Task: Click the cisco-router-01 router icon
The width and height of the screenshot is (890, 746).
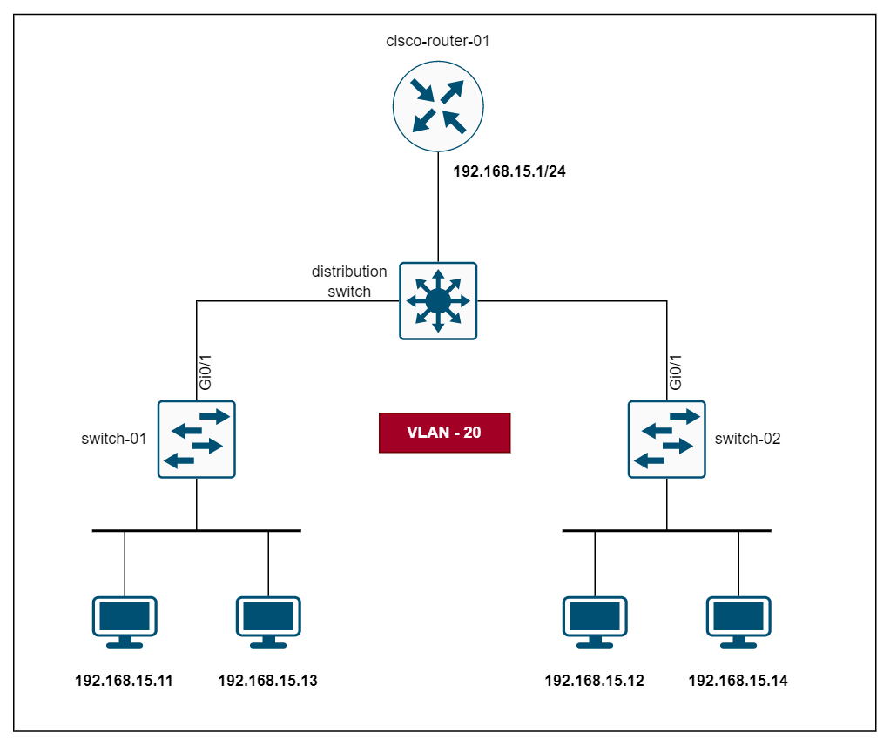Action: [x=437, y=104]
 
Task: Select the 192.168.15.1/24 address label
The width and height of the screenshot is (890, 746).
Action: [x=510, y=171]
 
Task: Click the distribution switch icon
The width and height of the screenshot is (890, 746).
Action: [x=438, y=300]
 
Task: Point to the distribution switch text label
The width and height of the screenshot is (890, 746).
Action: [x=349, y=282]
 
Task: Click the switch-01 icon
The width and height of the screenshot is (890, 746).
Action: [x=196, y=439]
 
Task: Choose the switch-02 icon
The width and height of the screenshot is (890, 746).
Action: [x=667, y=439]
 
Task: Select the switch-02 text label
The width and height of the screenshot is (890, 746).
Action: [x=747, y=439]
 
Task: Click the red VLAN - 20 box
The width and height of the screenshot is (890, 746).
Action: [x=444, y=433]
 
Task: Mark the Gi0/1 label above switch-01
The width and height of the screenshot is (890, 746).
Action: [x=206, y=373]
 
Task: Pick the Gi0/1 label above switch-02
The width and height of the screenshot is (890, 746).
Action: [x=677, y=373]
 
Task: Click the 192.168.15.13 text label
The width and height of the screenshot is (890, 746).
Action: [x=268, y=681]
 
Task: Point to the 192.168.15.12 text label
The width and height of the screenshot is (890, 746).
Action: [x=595, y=681]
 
